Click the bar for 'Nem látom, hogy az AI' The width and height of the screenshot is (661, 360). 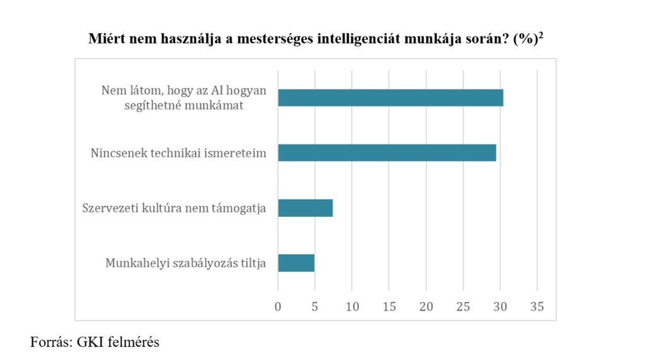(x=390, y=98)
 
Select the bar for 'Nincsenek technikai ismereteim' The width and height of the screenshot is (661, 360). (x=387, y=153)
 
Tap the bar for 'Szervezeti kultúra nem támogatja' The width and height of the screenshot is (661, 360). (x=305, y=208)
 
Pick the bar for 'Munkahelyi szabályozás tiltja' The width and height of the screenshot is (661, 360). (x=296, y=263)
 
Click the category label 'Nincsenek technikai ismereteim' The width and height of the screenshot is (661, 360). (x=178, y=153)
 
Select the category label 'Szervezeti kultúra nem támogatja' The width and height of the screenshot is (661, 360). (x=175, y=208)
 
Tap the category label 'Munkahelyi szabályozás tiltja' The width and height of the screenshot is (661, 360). (x=186, y=263)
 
